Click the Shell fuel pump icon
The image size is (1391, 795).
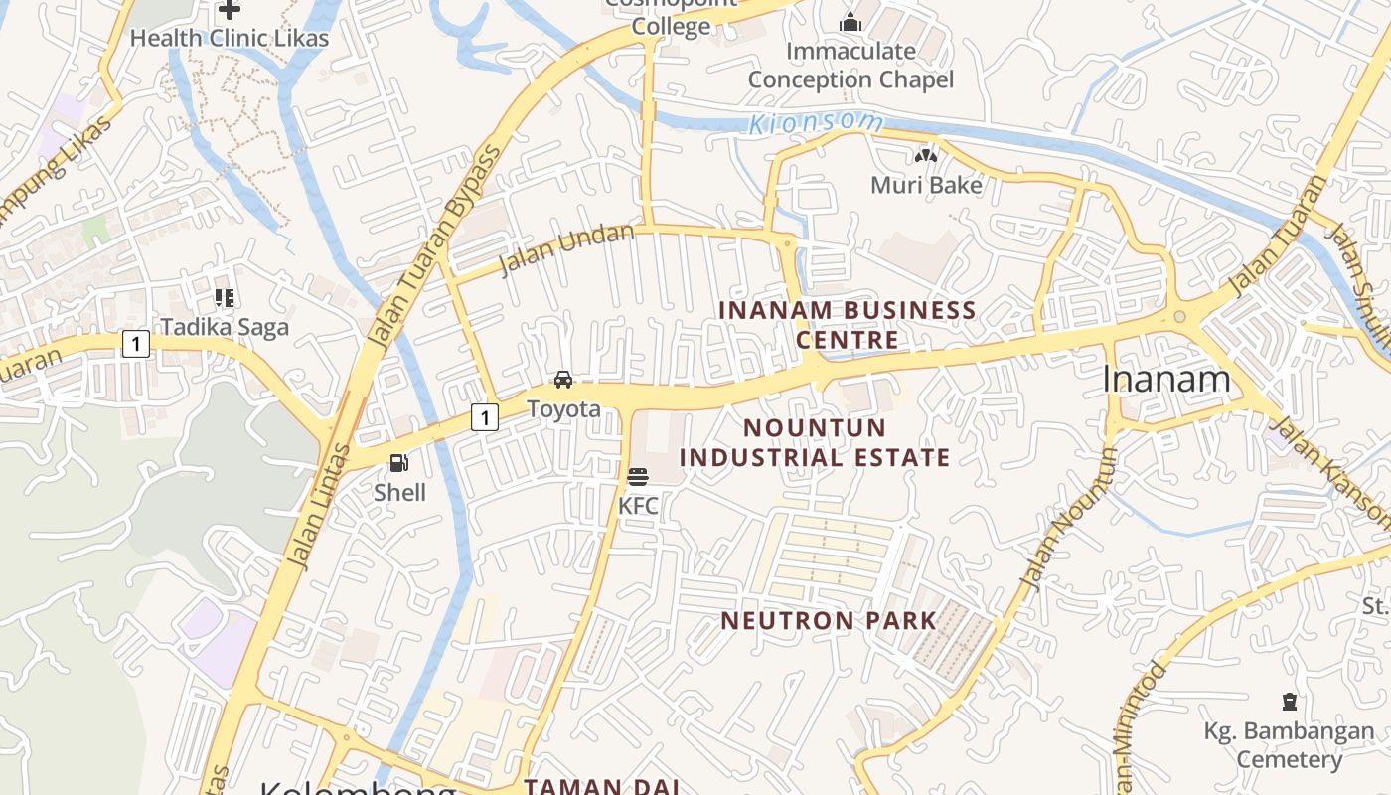pos(398,462)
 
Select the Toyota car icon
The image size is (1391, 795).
pos(563,379)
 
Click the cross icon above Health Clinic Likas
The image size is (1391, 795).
pos(230,10)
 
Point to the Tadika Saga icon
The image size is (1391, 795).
pos(225,297)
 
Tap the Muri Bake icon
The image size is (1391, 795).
pos(926,155)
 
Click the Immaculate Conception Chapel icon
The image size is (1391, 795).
pos(850,22)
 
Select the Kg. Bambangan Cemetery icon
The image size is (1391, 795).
pos(1290,702)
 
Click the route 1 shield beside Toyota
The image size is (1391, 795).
pos(484,417)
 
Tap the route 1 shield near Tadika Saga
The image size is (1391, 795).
pos(135,344)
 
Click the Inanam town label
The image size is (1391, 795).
pos(1166,379)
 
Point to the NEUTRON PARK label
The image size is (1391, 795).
pos(829,621)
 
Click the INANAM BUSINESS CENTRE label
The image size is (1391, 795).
pos(848,325)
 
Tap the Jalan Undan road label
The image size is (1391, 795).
pos(566,249)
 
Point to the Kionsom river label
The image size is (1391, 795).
pos(816,123)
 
